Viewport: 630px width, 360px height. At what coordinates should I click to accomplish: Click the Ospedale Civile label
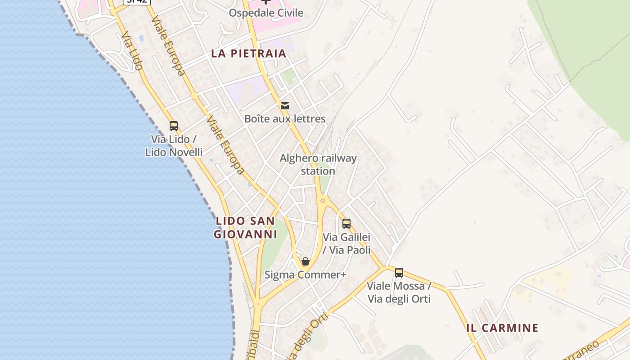tap(266, 13)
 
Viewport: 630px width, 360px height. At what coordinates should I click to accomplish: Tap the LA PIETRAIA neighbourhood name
tap(248, 54)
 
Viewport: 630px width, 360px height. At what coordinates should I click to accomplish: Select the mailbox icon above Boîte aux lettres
tap(284, 106)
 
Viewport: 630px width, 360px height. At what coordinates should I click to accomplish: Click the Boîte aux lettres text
tap(284, 119)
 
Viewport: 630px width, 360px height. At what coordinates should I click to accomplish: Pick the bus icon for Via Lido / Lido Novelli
tap(174, 126)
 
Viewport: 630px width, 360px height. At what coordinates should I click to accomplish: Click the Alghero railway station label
tap(318, 164)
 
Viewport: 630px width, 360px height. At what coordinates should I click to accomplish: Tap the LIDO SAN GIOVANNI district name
tap(245, 228)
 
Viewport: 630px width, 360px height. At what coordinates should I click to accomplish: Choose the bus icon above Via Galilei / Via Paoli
tap(346, 224)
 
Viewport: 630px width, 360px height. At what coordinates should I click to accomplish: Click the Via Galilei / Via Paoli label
tap(346, 243)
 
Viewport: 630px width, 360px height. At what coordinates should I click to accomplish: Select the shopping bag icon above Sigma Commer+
tap(306, 261)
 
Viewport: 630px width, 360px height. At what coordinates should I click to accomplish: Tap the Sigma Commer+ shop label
tap(306, 274)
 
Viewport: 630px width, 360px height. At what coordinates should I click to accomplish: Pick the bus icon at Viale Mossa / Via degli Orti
tap(399, 272)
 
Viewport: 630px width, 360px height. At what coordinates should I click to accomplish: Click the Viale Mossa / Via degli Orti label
tap(399, 292)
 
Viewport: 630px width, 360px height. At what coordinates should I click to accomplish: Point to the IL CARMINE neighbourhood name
tap(502, 328)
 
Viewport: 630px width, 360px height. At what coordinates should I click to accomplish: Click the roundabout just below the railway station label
tap(323, 201)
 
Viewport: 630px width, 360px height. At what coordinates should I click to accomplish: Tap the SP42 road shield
tap(136, 1)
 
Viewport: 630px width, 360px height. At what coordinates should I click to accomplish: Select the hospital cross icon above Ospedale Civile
tap(266, 1)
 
